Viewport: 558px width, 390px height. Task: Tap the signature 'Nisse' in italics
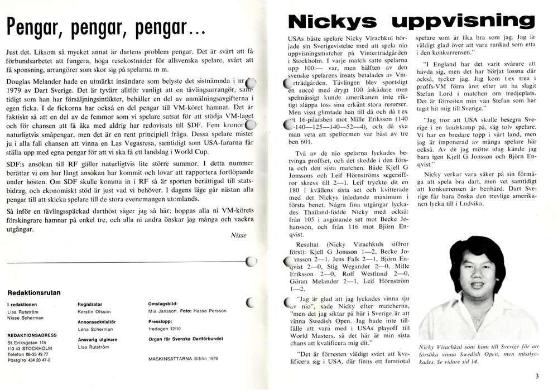coord(238,235)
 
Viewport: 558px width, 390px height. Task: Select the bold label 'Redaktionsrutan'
coord(34,292)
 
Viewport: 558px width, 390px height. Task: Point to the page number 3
coord(536,376)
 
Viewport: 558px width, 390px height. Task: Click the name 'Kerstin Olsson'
coord(95,312)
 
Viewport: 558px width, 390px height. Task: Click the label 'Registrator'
coord(90,305)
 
